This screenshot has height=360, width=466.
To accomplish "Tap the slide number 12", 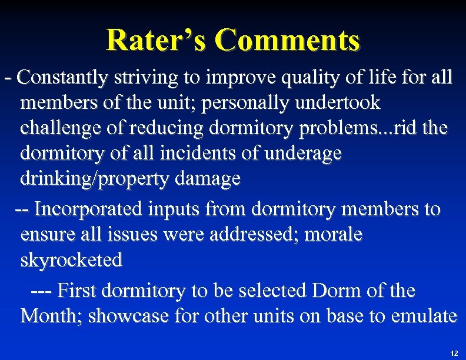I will (x=454, y=353).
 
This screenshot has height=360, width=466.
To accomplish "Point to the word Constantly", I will (x=62, y=77).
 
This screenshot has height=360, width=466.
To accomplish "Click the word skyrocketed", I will (x=71, y=260).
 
